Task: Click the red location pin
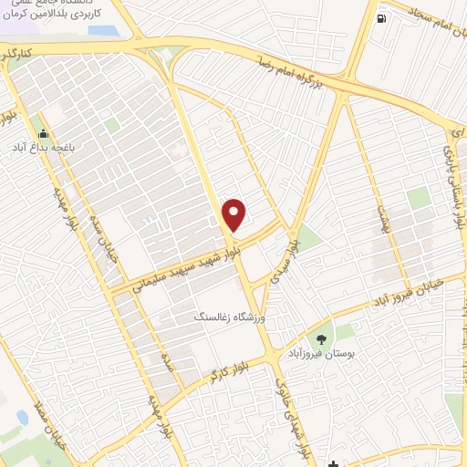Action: [x=234, y=213]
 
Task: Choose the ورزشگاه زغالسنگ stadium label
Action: [x=223, y=318]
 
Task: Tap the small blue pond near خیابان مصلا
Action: [x=22, y=418]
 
